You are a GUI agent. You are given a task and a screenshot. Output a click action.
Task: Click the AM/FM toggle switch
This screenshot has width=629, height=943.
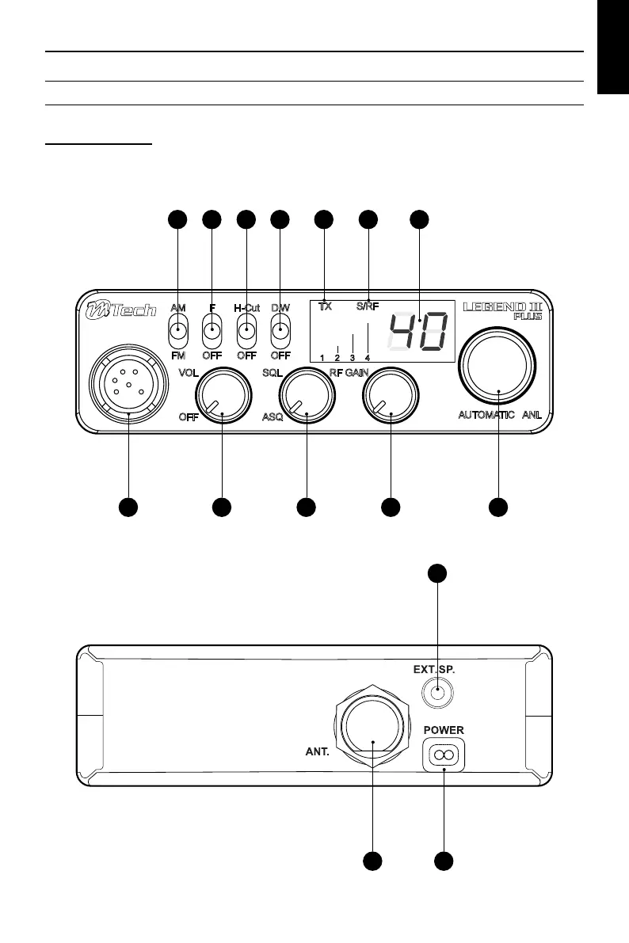pyautogui.click(x=178, y=330)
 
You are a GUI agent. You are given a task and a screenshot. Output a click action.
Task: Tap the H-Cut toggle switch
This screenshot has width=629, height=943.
pyautogui.click(x=247, y=330)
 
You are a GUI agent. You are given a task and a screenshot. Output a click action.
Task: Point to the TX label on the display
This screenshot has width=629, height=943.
pyautogui.click(x=326, y=306)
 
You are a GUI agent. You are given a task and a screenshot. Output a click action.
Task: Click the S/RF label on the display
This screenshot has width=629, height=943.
pyautogui.click(x=367, y=306)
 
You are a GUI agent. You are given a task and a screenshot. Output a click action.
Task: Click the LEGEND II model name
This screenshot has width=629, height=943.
pyautogui.click(x=502, y=306)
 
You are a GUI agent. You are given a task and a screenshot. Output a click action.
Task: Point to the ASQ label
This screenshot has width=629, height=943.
pyautogui.click(x=272, y=420)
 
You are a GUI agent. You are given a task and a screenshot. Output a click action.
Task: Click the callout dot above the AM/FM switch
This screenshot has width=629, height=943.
pyautogui.click(x=177, y=219)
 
